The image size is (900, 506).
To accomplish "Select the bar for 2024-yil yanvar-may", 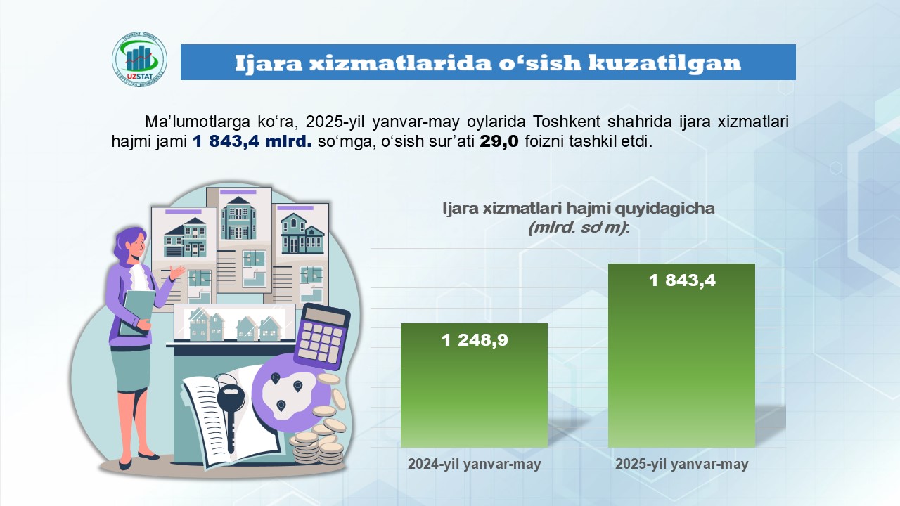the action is coord(474,385).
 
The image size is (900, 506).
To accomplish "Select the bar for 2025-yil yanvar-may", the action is coord(681,356).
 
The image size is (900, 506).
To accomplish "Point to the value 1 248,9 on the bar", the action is coord(475,340).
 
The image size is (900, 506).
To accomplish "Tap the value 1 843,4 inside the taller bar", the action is coord(682,280).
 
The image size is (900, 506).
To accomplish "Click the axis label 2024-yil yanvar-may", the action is coord(475,464).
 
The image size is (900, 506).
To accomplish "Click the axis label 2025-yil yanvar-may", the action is coord(682,464).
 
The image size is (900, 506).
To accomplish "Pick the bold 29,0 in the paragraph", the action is coord(499,141).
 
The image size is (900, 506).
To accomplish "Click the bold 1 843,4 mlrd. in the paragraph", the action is coord(252,141).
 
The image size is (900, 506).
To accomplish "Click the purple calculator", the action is coord(322,337).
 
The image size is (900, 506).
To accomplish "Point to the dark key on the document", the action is coord(231,414).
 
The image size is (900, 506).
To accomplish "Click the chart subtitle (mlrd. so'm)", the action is coord(579,228).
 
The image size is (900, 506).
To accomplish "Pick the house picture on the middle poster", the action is coord(238,218).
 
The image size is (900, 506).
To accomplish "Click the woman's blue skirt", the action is coord(131,369).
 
